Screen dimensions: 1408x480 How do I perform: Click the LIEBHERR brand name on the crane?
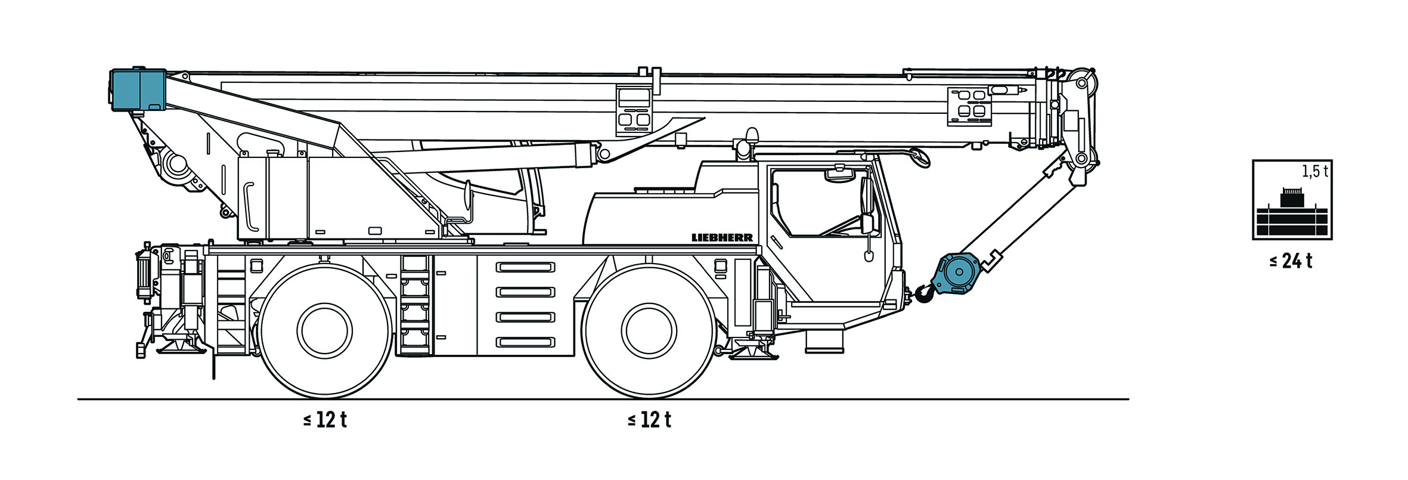[x=722, y=237]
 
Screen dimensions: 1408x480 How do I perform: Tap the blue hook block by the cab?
[x=957, y=274]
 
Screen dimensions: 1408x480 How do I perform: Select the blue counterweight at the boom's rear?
[x=138, y=89]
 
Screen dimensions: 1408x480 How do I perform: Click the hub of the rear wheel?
[x=325, y=331]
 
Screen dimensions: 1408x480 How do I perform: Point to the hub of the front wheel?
[x=649, y=331]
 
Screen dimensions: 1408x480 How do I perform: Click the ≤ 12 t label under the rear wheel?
[x=325, y=420]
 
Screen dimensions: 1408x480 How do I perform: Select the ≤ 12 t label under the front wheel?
[x=649, y=420]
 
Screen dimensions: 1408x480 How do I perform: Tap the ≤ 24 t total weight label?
[x=1291, y=261]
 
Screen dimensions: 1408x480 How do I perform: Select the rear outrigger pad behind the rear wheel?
[x=178, y=346]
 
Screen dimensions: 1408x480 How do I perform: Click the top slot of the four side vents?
[x=526, y=267]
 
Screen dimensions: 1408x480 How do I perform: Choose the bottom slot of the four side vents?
[x=526, y=342]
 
